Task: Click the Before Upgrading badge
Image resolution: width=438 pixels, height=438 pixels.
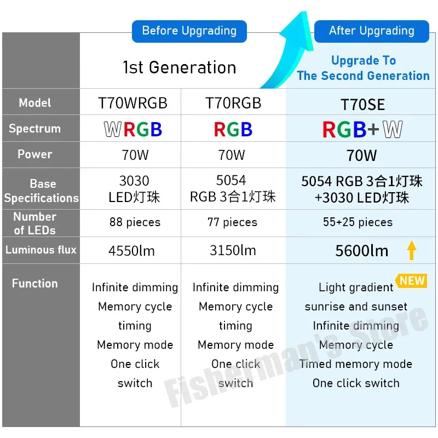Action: point(189,31)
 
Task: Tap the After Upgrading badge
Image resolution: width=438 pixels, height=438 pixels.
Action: point(371,31)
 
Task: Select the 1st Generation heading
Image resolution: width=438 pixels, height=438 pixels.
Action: point(180,67)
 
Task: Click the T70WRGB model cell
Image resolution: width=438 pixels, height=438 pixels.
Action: point(132,103)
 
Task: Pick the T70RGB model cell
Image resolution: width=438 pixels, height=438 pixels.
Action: point(233,103)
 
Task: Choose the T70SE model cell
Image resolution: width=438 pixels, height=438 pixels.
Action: point(362,105)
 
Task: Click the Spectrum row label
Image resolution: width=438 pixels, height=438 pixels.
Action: point(34,129)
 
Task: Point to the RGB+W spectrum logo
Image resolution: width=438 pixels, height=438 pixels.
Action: point(362,130)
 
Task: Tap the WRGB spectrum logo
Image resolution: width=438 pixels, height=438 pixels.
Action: point(133,130)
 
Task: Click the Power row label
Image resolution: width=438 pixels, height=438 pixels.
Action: point(34,154)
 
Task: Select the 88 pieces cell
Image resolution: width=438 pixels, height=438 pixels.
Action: point(135,222)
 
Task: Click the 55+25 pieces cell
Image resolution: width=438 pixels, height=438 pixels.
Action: point(358,222)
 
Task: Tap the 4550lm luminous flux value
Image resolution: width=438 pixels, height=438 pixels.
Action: point(131,251)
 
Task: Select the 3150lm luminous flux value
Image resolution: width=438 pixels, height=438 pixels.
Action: point(233,250)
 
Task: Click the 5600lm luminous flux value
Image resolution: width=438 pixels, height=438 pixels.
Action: point(362,251)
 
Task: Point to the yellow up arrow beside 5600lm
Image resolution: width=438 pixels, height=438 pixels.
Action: point(412,250)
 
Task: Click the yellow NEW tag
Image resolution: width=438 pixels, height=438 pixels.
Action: point(412,281)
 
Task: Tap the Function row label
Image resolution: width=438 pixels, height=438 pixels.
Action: point(34,284)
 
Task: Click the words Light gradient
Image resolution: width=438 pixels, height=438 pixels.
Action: point(356,287)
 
